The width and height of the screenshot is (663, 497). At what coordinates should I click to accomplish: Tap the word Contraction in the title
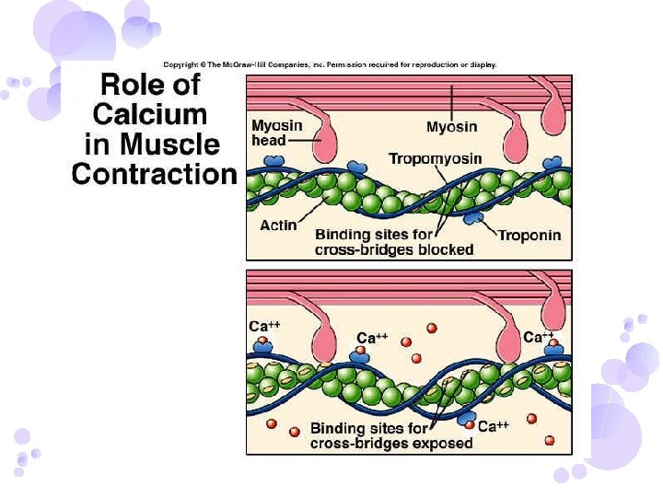(x=154, y=173)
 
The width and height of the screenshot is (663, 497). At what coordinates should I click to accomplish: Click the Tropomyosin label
(x=435, y=159)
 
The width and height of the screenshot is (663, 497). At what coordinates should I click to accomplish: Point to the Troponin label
(x=529, y=236)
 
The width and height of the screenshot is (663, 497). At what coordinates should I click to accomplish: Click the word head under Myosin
(x=268, y=140)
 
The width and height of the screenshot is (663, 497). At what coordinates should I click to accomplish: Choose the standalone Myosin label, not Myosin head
(x=450, y=126)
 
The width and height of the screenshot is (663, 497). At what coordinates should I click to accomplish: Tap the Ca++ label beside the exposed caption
(x=494, y=426)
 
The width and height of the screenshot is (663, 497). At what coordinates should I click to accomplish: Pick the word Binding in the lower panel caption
(x=338, y=428)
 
